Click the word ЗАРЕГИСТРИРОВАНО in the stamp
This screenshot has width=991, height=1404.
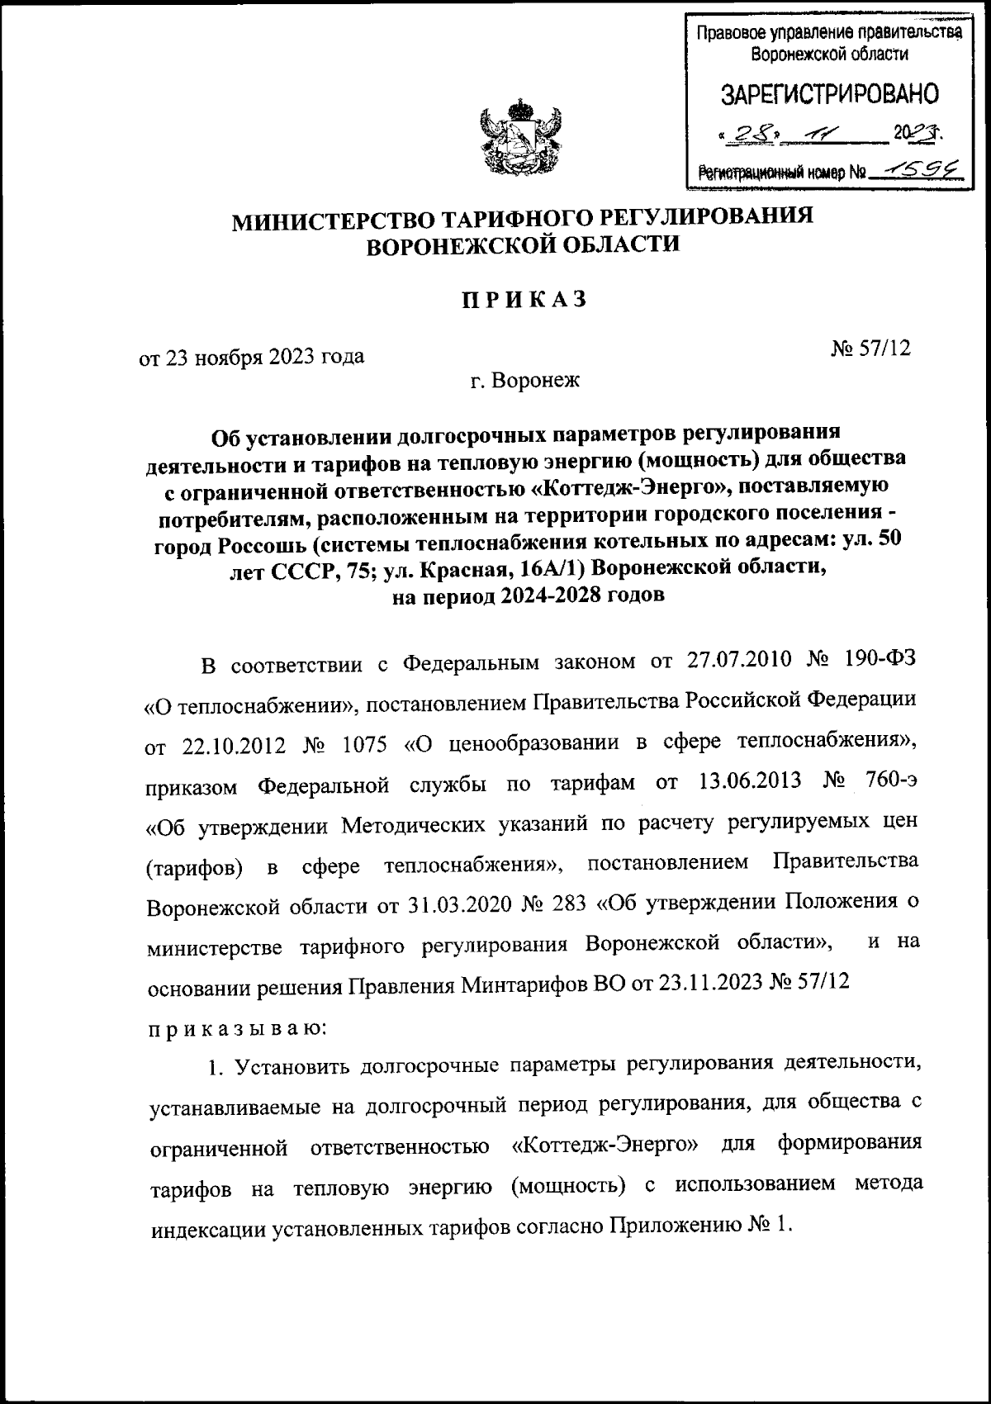[x=831, y=94]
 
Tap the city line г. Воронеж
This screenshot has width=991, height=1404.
[x=524, y=381]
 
